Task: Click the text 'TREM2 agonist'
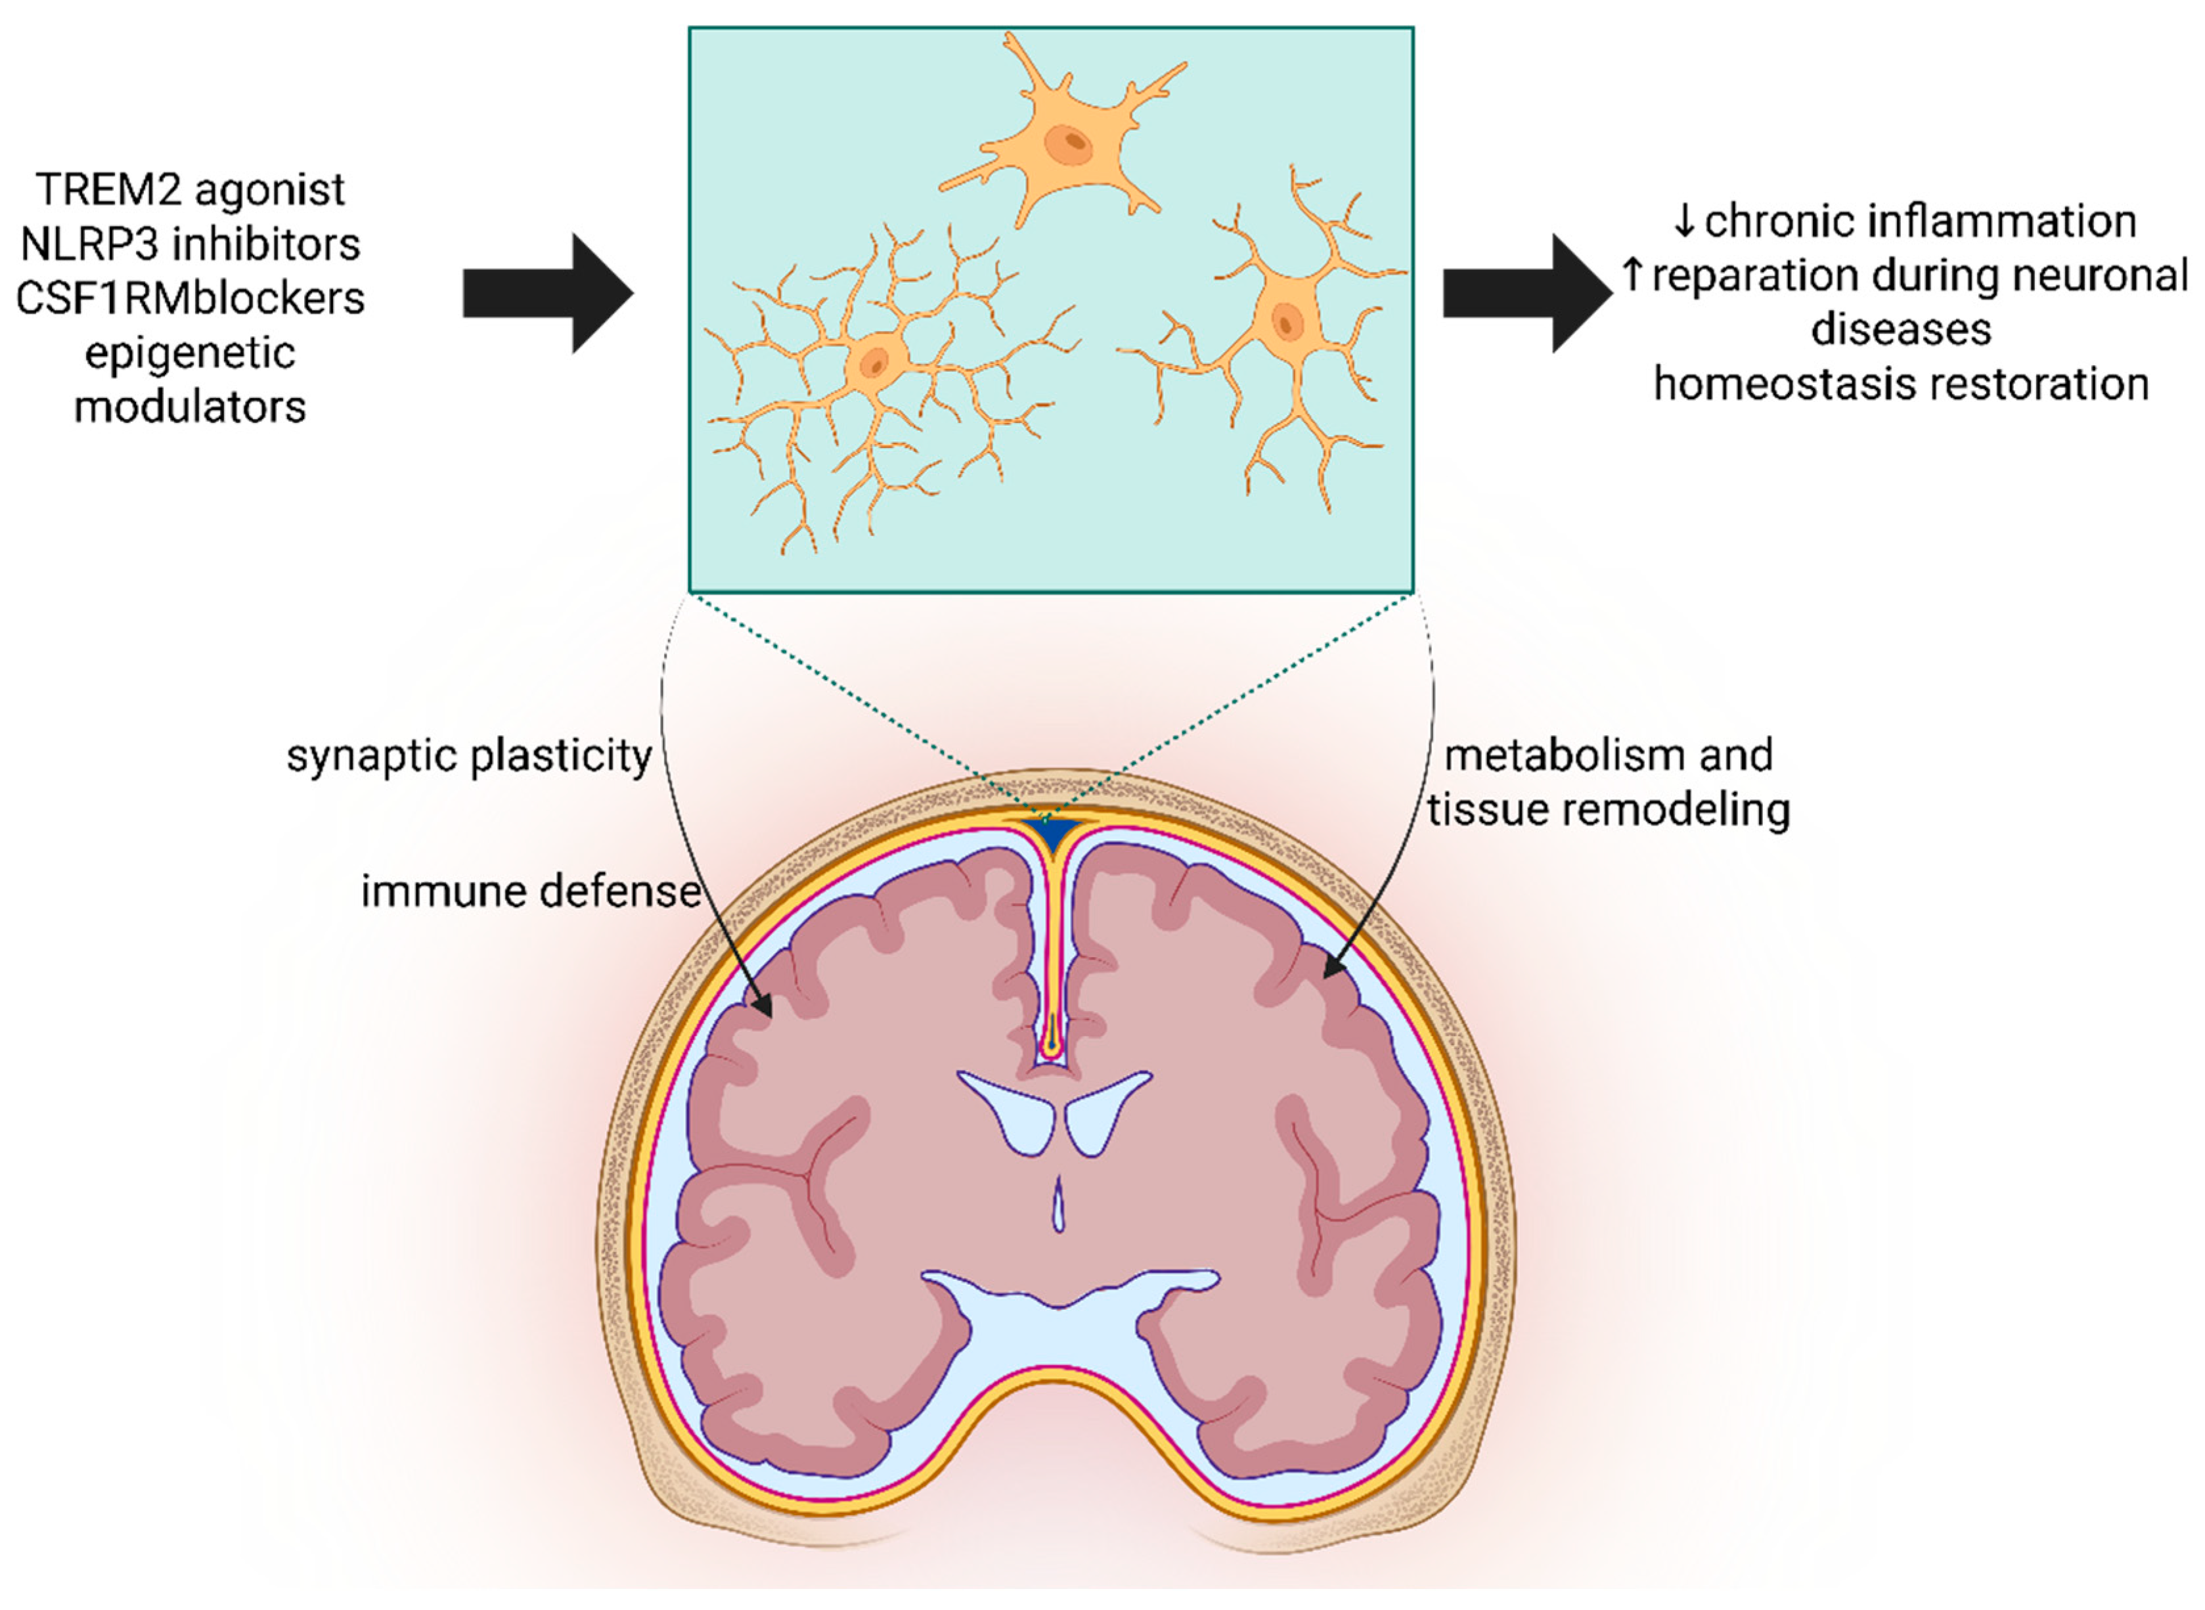190,189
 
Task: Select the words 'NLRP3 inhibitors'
190,244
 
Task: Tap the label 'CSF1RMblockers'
190,298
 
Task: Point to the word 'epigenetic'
190,353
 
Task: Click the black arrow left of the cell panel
548,294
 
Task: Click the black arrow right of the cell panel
1526,294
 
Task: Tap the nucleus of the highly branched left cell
874,363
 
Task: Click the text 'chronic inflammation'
1919,221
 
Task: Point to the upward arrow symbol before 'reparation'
1633,274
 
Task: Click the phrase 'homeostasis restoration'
1901,384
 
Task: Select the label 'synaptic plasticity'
469,756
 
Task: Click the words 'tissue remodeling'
1609,810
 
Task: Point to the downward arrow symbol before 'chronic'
1683,221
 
